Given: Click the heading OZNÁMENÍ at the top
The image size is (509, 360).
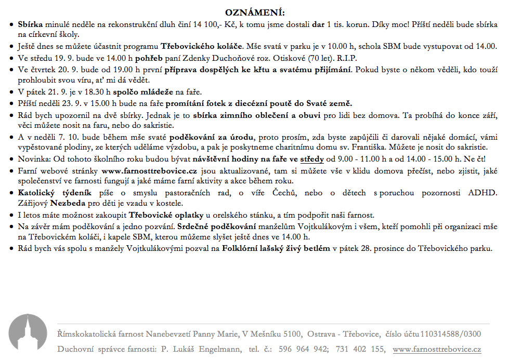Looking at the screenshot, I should coord(254,12).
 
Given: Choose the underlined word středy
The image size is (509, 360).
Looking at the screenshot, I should coord(311,159).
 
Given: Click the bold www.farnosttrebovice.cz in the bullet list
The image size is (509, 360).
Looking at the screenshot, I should coord(149,170).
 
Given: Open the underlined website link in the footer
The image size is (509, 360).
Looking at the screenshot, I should coord(437,349).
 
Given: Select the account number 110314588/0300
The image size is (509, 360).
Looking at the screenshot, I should coord(450,334).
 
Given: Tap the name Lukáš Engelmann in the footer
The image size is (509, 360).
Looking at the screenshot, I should coord(203,349).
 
